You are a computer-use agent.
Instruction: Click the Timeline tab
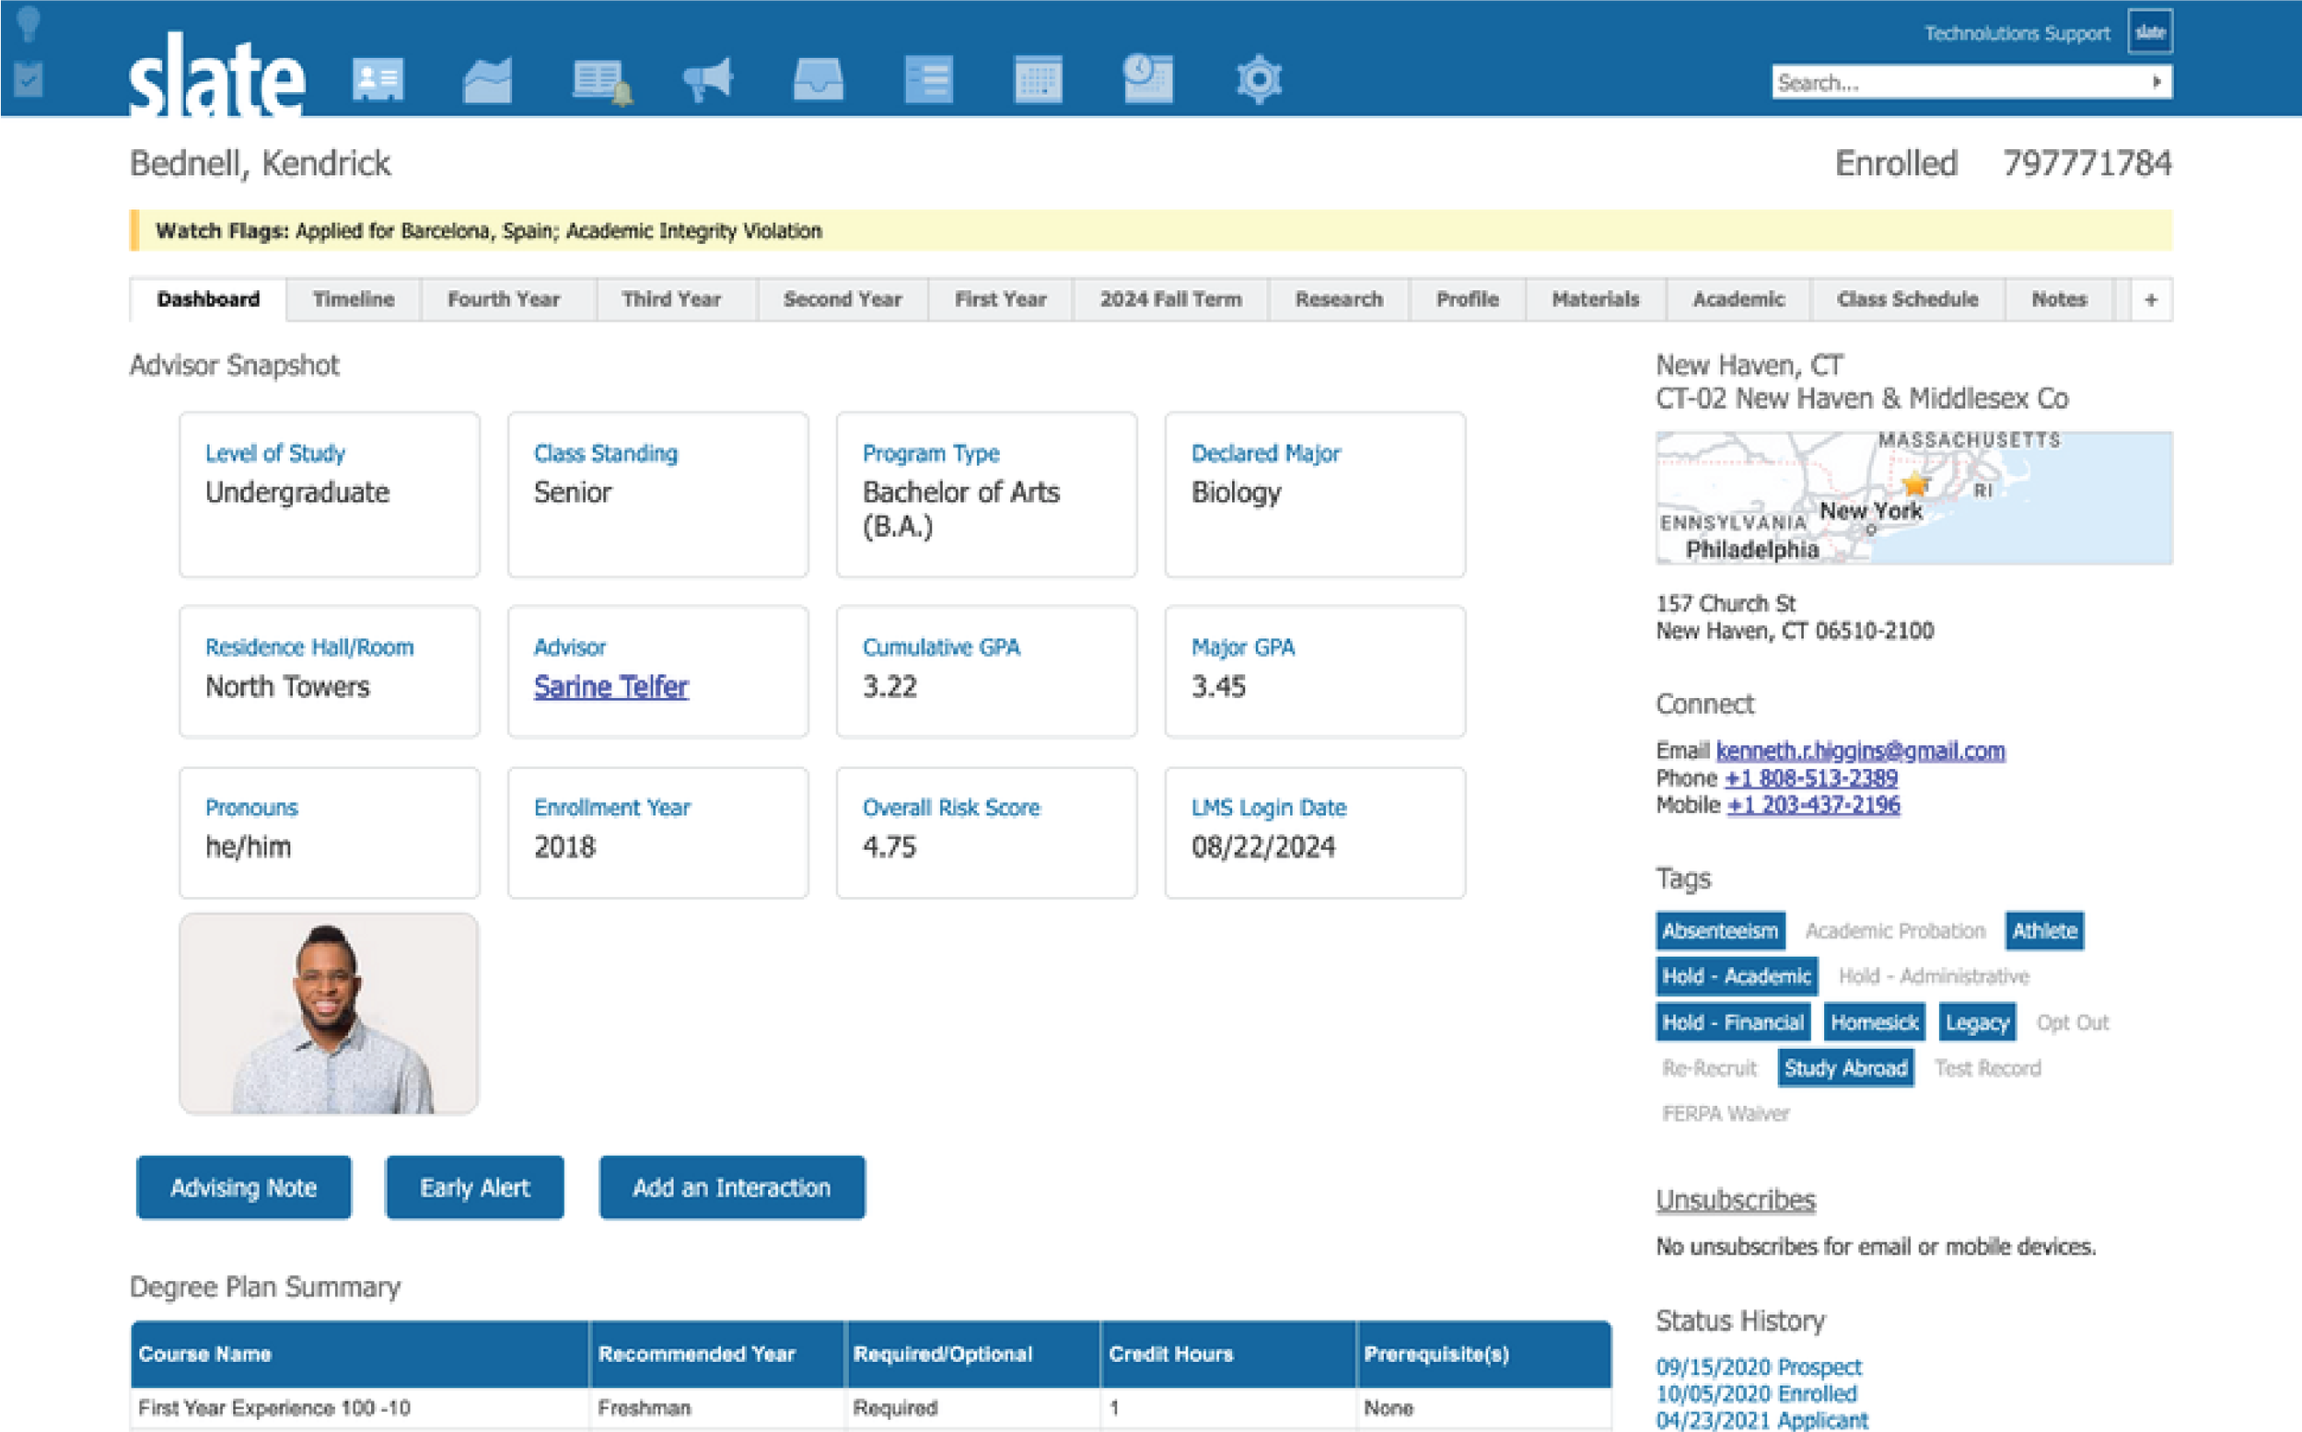tap(354, 299)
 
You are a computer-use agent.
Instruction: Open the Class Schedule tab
tap(1907, 299)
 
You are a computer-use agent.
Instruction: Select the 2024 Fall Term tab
tap(1169, 299)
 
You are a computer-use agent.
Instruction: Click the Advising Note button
tap(243, 1187)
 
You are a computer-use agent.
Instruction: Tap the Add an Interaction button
tap(731, 1187)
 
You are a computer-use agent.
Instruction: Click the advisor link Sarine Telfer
tap(610, 686)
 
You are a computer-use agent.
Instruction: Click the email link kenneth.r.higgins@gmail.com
tap(1860, 751)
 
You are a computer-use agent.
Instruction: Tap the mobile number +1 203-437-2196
tap(1812, 805)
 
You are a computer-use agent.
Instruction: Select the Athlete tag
tap(2043, 930)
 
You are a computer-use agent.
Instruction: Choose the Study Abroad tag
tap(1844, 1068)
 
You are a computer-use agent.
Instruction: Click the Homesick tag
tap(1874, 1022)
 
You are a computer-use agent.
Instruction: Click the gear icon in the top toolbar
tap(1259, 78)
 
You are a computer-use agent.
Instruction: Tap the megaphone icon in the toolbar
tap(708, 78)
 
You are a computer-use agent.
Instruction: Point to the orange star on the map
tap(1915, 484)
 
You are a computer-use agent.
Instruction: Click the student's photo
tap(329, 1013)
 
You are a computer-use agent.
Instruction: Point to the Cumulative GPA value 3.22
tap(889, 686)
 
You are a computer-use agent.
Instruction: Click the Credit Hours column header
tap(1170, 1354)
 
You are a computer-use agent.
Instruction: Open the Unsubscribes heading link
tap(1735, 1200)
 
